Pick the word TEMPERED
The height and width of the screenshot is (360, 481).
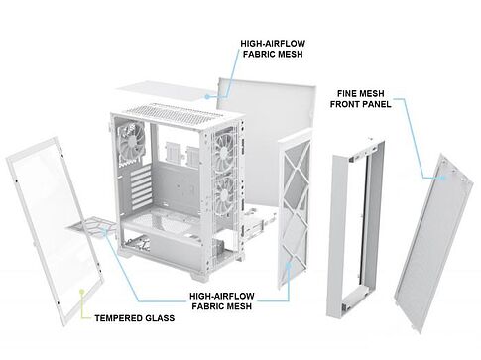[116, 320]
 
